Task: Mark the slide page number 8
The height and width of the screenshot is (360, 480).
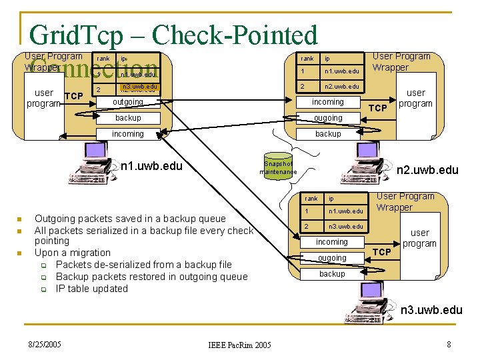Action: pyautogui.click(x=449, y=345)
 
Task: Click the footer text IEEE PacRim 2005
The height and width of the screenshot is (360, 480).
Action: pyautogui.click(x=239, y=345)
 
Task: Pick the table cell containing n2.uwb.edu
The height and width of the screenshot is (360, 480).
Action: pyautogui.click(x=341, y=87)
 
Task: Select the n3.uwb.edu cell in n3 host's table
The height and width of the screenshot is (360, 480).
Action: pyautogui.click(x=345, y=227)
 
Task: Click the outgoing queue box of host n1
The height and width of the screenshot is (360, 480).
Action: pyautogui.click(x=128, y=102)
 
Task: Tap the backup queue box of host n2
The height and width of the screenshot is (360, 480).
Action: pyautogui.click(x=328, y=134)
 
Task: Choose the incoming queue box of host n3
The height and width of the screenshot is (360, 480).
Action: pyautogui.click(x=332, y=242)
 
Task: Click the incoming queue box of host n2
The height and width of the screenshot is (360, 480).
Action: pyautogui.click(x=328, y=102)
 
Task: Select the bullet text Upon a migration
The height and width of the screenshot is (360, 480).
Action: pyautogui.click(x=73, y=253)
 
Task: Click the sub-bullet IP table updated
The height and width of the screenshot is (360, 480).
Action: pyautogui.click(x=92, y=289)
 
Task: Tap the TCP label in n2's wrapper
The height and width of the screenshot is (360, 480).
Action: pyautogui.click(x=378, y=107)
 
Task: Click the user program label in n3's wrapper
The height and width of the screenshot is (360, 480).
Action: pyautogui.click(x=419, y=238)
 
